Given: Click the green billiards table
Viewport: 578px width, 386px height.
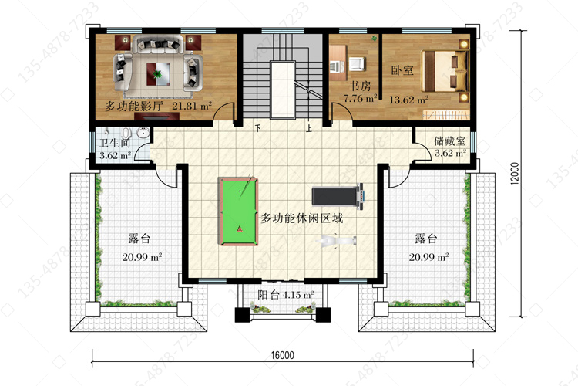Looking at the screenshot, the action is tap(238, 211).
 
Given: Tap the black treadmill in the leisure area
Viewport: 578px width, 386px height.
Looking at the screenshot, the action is tap(338, 196).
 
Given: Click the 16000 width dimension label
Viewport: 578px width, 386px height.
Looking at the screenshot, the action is tap(283, 355).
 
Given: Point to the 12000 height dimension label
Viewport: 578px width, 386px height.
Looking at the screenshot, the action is tap(515, 173).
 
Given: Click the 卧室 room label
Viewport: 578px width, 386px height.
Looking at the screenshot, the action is tap(402, 70).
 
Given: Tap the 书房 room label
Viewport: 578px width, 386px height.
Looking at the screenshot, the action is tap(360, 86).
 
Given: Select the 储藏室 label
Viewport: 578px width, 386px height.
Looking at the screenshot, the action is tap(450, 141).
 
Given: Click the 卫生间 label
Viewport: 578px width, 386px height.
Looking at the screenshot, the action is tap(115, 144).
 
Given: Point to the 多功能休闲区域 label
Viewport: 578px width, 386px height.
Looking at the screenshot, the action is tap(302, 218).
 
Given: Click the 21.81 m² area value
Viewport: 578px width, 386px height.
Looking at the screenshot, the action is tap(192, 106).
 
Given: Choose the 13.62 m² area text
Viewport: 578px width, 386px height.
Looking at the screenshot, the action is tap(408, 100).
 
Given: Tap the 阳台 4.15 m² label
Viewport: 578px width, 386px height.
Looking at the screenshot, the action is tap(286, 295).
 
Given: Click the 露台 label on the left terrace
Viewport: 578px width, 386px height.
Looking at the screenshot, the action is tap(139, 239).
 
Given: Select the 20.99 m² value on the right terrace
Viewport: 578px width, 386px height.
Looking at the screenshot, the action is tap(428, 257).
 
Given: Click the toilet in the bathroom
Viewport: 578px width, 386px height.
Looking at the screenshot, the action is tap(126, 133).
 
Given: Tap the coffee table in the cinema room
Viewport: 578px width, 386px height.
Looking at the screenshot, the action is tap(158, 74).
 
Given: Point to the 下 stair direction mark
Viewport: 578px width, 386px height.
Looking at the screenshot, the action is tap(258, 129).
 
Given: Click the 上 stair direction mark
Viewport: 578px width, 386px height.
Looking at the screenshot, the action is tap(309, 129).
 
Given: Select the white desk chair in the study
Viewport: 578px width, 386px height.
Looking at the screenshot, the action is tap(357, 64).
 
